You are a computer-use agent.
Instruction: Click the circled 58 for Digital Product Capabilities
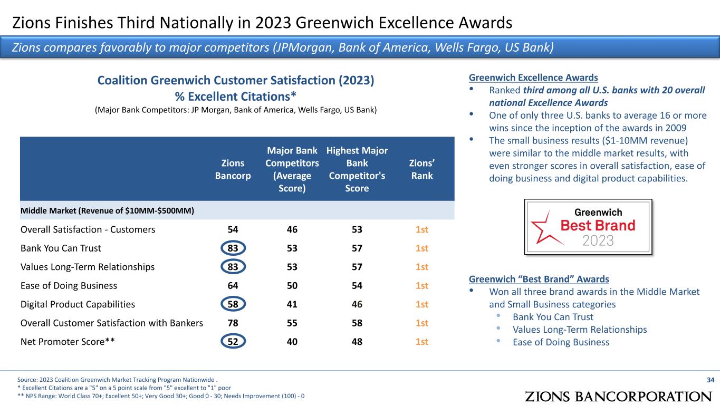(233, 304)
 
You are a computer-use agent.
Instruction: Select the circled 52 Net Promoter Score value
(233, 342)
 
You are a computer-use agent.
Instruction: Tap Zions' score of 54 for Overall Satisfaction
(233, 229)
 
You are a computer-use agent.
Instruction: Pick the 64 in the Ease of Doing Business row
(233, 286)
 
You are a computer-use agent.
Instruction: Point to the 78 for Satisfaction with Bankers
(233, 323)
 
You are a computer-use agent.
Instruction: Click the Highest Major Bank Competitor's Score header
(357, 170)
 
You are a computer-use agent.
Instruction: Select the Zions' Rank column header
(422, 169)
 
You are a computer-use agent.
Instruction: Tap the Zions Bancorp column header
(233, 169)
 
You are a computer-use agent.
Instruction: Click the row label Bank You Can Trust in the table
(61, 248)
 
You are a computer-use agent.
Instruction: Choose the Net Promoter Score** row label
(68, 342)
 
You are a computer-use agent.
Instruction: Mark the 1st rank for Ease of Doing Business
(422, 286)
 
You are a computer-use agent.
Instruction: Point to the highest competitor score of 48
(357, 342)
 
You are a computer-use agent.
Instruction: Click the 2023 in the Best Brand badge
(598, 240)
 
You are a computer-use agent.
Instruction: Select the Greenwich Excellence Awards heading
(533, 77)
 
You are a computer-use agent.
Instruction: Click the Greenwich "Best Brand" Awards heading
(539, 279)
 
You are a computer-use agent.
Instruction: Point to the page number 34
(710, 379)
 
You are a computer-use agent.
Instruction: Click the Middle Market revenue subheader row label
(107, 211)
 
